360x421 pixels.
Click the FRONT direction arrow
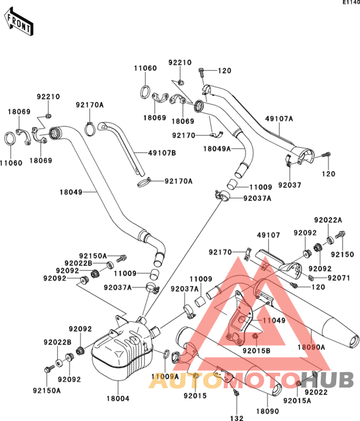19,21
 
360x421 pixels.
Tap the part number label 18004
118,399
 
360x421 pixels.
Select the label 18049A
217,148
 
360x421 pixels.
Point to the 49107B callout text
162,153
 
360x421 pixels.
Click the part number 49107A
279,119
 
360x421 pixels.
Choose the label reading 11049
274,320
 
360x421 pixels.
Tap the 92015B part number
256,351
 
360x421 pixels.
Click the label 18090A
311,347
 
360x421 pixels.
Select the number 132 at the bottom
237,418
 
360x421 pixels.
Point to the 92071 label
339,278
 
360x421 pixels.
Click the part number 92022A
328,220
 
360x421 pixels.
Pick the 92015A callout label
297,400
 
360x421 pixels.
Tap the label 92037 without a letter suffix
290,185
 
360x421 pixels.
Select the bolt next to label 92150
341,235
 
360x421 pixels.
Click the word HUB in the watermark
328,380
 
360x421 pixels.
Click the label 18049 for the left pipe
71,192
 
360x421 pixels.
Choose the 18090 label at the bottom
267,411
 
